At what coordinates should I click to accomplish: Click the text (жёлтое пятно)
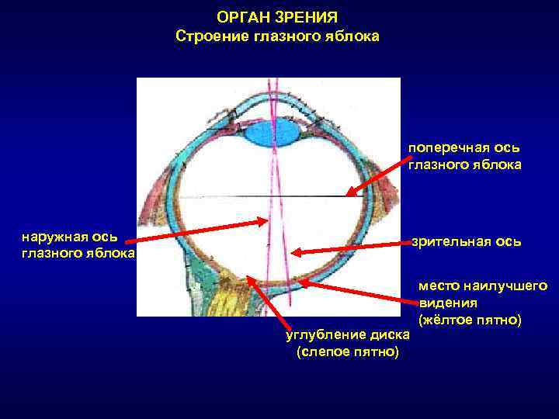[x=470, y=320]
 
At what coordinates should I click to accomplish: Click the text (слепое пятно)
[x=348, y=352]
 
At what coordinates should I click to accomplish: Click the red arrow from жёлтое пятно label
[x=357, y=295]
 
